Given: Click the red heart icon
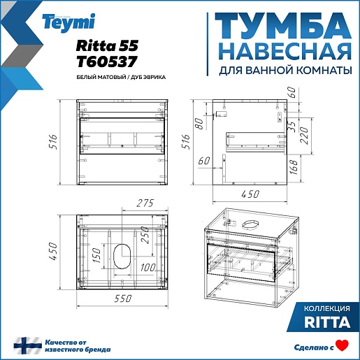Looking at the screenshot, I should pyautogui.click(x=342, y=345).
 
